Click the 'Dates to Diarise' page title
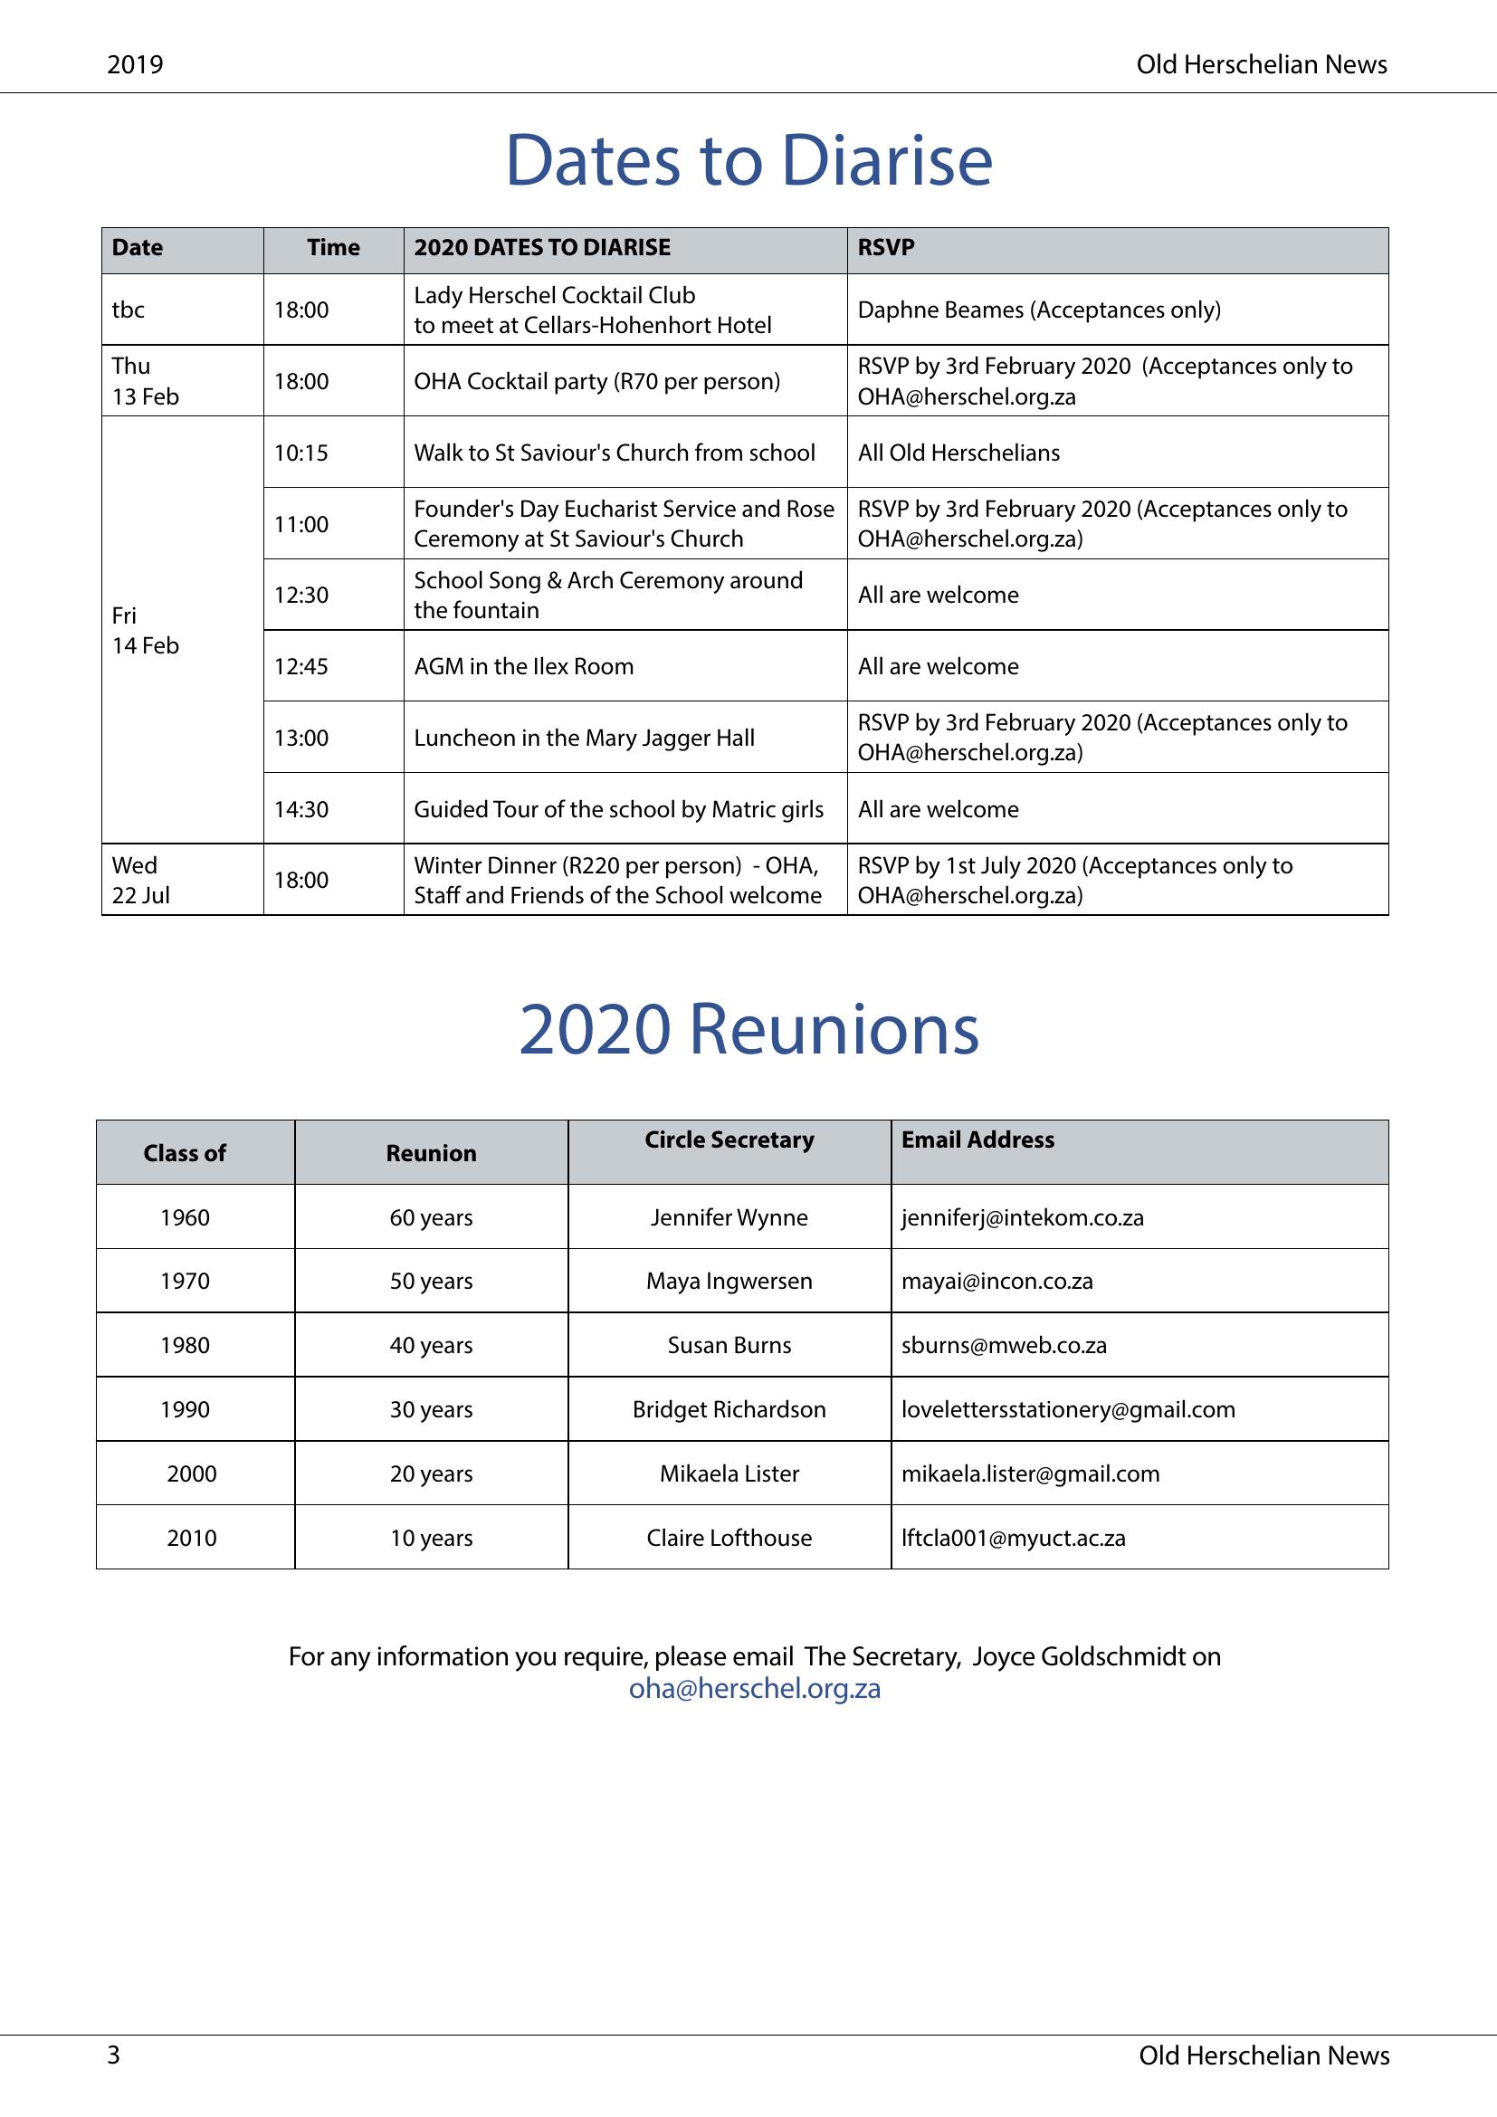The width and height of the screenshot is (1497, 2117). coord(748,160)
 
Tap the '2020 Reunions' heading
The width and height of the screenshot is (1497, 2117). coord(748,1029)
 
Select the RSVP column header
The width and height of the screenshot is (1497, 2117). coord(886,247)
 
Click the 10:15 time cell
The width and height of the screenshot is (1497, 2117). coord(301,453)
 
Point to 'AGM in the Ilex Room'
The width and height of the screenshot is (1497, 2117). coord(523,667)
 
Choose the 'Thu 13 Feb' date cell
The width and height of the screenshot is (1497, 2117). coord(146,381)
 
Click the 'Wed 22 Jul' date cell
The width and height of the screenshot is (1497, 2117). coord(141,880)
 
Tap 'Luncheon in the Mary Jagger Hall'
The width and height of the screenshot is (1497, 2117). coord(584,738)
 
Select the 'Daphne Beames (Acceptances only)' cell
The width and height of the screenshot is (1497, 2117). coord(1039,310)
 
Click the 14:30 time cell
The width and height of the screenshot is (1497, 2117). coord(301,809)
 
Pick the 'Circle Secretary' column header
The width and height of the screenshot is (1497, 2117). coord(729,1140)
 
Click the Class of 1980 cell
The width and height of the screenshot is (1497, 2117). coord(186,1345)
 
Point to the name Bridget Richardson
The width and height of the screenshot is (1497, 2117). coord(729,1409)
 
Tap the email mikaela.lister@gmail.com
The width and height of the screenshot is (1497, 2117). coord(1031,1473)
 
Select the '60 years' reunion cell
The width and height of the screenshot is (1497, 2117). coord(432,1217)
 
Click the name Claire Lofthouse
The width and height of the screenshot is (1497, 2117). coord(729,1538)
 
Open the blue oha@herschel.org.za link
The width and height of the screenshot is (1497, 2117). coord(755,1688)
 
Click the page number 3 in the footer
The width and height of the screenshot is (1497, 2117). coord(114,2055)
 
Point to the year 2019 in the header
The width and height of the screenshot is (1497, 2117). coord(135,64)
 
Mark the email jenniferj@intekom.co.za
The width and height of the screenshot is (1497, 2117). coord(1022,1217)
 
